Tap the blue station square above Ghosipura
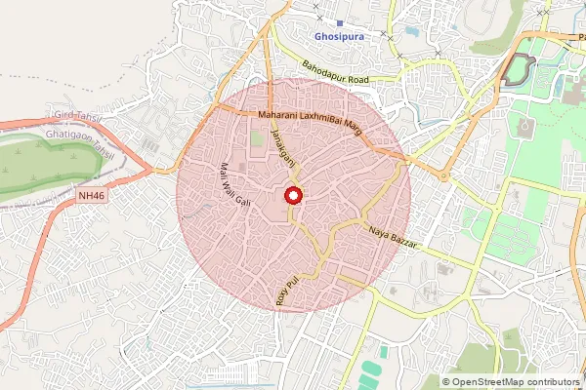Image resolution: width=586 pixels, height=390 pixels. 339,22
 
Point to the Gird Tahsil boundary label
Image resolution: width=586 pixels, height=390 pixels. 77,116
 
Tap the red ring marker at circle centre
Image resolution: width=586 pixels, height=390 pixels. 292,196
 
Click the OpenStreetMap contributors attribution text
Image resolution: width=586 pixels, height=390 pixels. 517,382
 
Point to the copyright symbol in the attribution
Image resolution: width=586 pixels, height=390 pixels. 447,382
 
